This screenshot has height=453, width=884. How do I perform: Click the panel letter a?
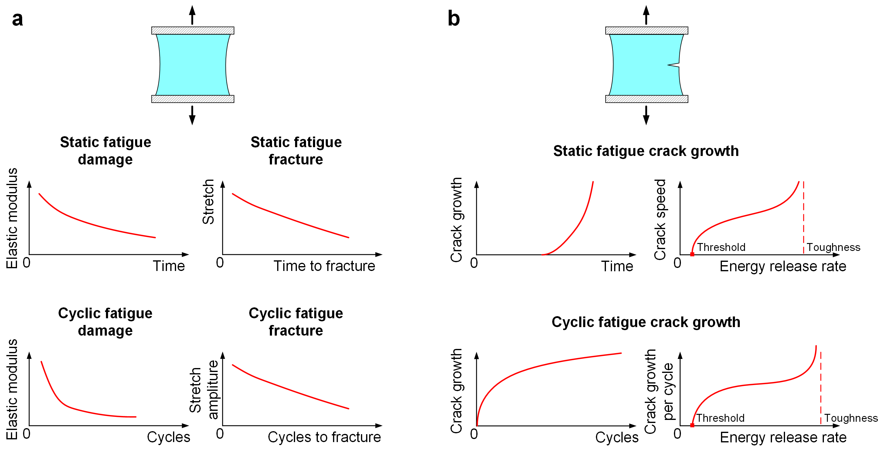pos(18,19)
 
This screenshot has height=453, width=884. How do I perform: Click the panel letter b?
pos(454,19)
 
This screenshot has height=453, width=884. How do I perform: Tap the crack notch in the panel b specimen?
pos(673,64)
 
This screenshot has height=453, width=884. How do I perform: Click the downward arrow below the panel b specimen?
pos(646,115)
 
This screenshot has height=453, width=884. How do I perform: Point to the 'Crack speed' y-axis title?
pos(660,219)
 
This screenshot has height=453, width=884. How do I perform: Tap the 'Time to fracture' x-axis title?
pos(324,266)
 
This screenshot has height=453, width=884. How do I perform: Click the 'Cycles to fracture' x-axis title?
pos(324,437)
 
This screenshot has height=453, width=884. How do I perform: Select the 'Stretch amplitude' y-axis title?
pos(204,390)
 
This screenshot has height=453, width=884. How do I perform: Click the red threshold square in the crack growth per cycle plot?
pos(692,425)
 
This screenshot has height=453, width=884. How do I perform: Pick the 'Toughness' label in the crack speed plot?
pos(834,247)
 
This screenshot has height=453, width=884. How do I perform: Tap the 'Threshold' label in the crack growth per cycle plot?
pos(720,418)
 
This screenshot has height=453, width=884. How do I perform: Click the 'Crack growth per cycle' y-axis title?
pos(659,391)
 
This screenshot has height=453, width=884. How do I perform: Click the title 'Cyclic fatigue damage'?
pos(105,322)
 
